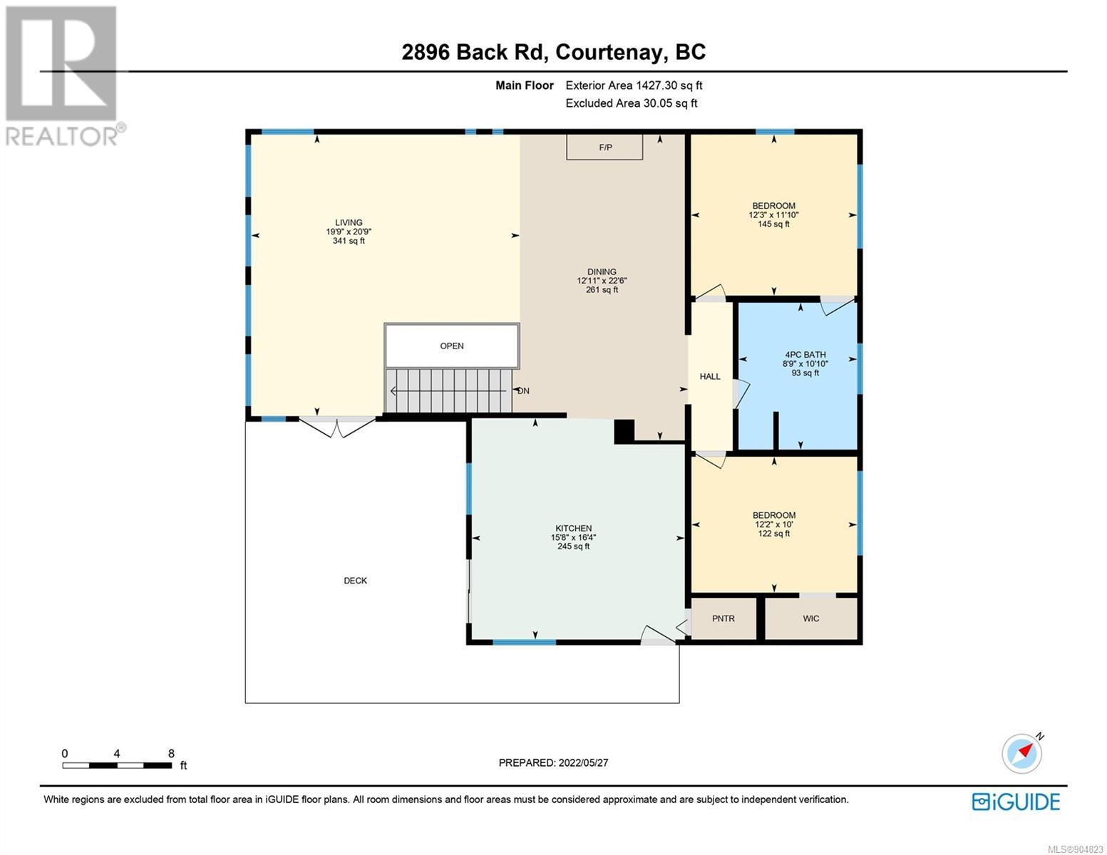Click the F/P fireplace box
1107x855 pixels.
(604, 147)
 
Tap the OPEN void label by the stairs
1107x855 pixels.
(452, 346)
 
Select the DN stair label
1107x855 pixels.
(523, 391)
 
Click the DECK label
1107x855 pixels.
(355, 581)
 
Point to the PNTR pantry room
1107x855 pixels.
(724, 618)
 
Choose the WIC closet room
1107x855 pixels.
(811, 618)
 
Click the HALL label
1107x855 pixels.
(710, 376)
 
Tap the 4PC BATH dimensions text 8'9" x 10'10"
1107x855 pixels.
(805, 363)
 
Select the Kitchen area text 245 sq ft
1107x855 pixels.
(574, 546)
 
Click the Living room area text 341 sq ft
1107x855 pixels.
(349, 240)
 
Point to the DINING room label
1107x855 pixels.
(602, 271)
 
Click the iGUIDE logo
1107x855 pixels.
(1016, 802)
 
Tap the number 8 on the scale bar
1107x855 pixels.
(171, 753)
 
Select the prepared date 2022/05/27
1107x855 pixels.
(583, 762)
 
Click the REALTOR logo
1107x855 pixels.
(63, 76)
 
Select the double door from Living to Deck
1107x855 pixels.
(337, 427)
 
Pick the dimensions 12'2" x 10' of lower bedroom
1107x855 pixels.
(774, 524)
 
